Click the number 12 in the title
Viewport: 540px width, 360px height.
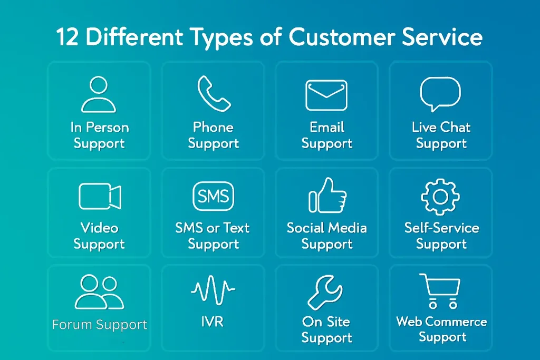click(66, 38)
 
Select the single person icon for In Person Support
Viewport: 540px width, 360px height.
click(99, 94)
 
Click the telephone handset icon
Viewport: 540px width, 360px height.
click(214, 94)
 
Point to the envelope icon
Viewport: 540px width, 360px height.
click(326, 95)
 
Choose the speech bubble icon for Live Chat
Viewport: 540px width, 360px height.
click(440, 94)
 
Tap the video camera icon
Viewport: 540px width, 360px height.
click(100, 196)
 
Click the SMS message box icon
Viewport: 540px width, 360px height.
click(213, 196)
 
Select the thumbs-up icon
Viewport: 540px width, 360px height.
click(327, 196)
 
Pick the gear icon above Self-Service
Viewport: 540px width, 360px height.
click(440, 196)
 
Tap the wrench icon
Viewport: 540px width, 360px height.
click(325, 293)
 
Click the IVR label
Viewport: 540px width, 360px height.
click(213, 322)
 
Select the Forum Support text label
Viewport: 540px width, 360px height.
click(100, 325)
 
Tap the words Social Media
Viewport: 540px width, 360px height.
click(327, 228)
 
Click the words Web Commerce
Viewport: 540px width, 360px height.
click(441, 322)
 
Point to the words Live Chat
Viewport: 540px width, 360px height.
click(441, 127)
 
